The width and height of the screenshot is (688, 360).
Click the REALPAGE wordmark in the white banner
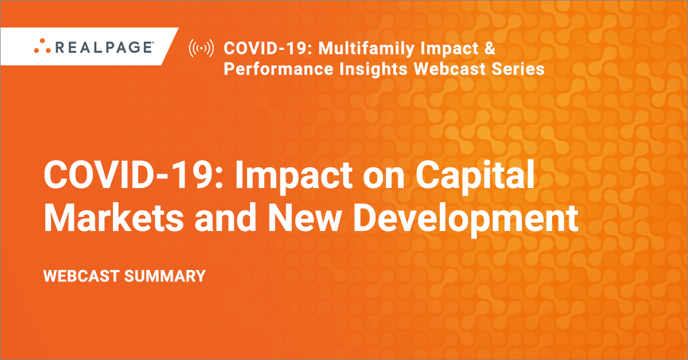[104, 48]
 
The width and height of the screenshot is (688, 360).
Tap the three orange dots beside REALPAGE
[42, 46]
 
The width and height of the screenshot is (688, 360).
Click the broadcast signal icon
[201, 48]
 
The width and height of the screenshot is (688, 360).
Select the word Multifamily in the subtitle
[366, 49]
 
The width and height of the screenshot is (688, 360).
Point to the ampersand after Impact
[489, 48]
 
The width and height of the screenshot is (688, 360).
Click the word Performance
[278, 69]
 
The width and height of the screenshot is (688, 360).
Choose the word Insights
[373, 69]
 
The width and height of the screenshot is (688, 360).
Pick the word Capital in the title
[475, 176]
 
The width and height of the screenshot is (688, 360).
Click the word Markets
[114, 218]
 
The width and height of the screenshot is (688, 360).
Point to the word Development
[466, 220]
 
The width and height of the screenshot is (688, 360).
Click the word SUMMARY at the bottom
[165, 276]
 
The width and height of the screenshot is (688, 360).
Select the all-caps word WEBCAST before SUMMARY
[81, 276]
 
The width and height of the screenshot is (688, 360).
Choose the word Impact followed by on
[294, 176]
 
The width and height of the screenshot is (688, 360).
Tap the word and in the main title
[225, 218]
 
